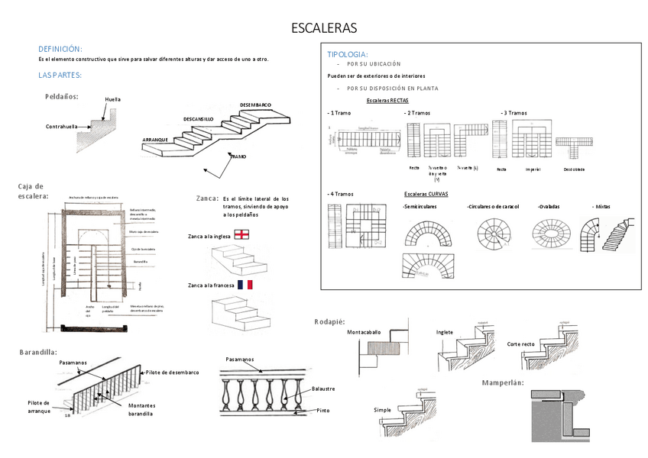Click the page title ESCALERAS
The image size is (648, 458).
324,29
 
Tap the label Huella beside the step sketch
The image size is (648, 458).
112,99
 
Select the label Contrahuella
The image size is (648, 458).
63,127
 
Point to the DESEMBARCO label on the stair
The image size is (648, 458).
255,105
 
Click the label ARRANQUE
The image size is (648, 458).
155,140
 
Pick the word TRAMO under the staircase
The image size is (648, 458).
238,156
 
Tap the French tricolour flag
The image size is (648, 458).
245,285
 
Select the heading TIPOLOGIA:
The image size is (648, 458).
347,54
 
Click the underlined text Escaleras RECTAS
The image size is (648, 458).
387,100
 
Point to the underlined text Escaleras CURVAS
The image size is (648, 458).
426,194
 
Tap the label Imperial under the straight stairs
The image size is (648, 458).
533,169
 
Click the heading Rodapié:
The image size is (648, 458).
330,321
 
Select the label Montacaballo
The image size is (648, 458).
364,332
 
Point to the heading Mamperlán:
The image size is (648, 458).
502,382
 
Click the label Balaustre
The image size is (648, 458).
323,389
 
